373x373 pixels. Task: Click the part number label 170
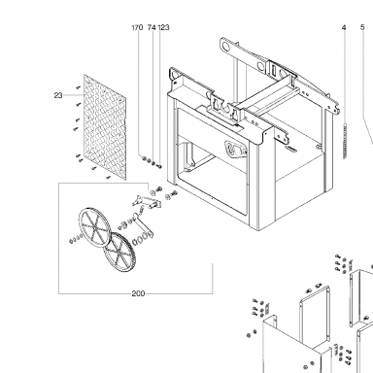coord(137,27)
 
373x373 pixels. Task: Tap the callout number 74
coord(152,27)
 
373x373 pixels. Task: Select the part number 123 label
coord(163,27)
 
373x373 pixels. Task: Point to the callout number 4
coord(344,27)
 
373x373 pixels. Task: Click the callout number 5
coord(362,27)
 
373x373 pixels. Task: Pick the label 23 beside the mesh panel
coord(58,95)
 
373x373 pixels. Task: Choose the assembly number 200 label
coord(138,293)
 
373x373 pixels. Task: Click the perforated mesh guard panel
coord(105,127)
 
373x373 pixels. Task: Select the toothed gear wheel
coord(119,252)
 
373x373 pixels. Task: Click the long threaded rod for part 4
coord(345,141)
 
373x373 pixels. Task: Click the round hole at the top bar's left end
coord(226,48)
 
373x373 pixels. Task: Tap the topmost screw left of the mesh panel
coord(78,87)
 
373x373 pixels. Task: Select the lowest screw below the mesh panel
coord(109,177)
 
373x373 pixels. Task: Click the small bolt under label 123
coord(159,166)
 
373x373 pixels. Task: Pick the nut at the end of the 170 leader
coord(145,158)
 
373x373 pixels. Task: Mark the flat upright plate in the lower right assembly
coord(315,315)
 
